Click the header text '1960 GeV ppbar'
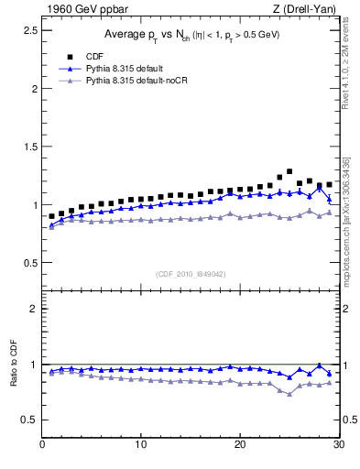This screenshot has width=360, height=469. tap(80, 9)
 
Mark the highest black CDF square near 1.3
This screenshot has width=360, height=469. tap(289, 171)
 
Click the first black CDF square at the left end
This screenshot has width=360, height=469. tap(52, 216)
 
